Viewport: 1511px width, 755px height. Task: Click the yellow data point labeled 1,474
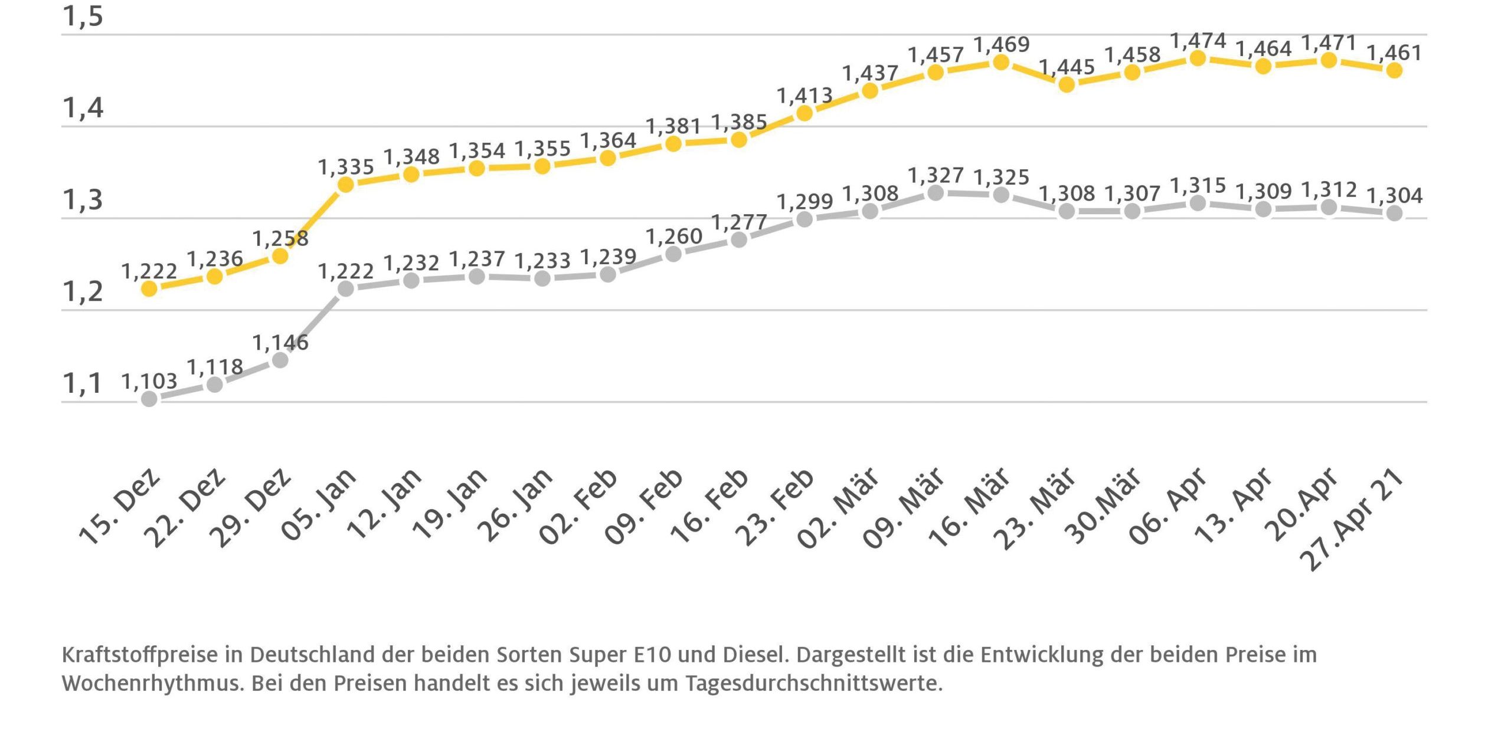point(1198,58)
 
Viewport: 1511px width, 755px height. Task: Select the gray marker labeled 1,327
point(936,193)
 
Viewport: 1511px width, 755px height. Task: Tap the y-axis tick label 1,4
point(83,108)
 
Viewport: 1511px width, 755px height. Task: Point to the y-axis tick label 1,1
point(83,383)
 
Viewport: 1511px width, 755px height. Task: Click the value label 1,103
point(149,381)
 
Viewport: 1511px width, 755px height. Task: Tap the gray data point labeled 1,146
point(280,360)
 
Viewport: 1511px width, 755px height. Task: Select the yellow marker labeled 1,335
point(346,185)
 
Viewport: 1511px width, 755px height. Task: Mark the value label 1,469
point(1001,44)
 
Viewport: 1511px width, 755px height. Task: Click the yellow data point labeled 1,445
point(1067,84)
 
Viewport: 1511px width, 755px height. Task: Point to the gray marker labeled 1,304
point(1394,213)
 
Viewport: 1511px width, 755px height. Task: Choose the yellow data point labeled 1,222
point(149,288)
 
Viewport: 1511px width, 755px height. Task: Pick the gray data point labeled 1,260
point(673,254)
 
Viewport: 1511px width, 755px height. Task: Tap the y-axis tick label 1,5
point(83,17)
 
